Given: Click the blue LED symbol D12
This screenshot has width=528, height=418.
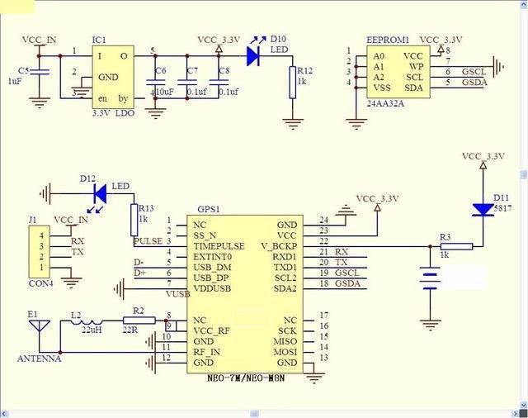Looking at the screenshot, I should (x=101, y=194).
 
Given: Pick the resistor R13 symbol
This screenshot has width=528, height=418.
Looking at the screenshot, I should (x=133, y=221).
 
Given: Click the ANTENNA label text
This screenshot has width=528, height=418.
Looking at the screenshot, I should (x=39, y=359).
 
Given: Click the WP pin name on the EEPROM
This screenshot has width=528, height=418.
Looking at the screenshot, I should (x=417, y=65).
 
